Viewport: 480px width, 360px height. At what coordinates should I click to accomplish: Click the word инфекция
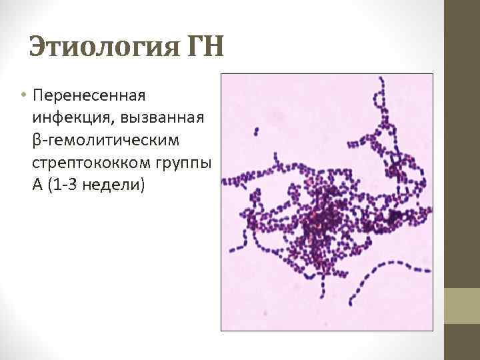(x=63, y=119)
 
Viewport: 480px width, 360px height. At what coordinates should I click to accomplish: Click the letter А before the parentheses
(x=37, y=183)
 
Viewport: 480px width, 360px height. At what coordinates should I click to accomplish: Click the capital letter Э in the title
(x=38, y=49)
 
